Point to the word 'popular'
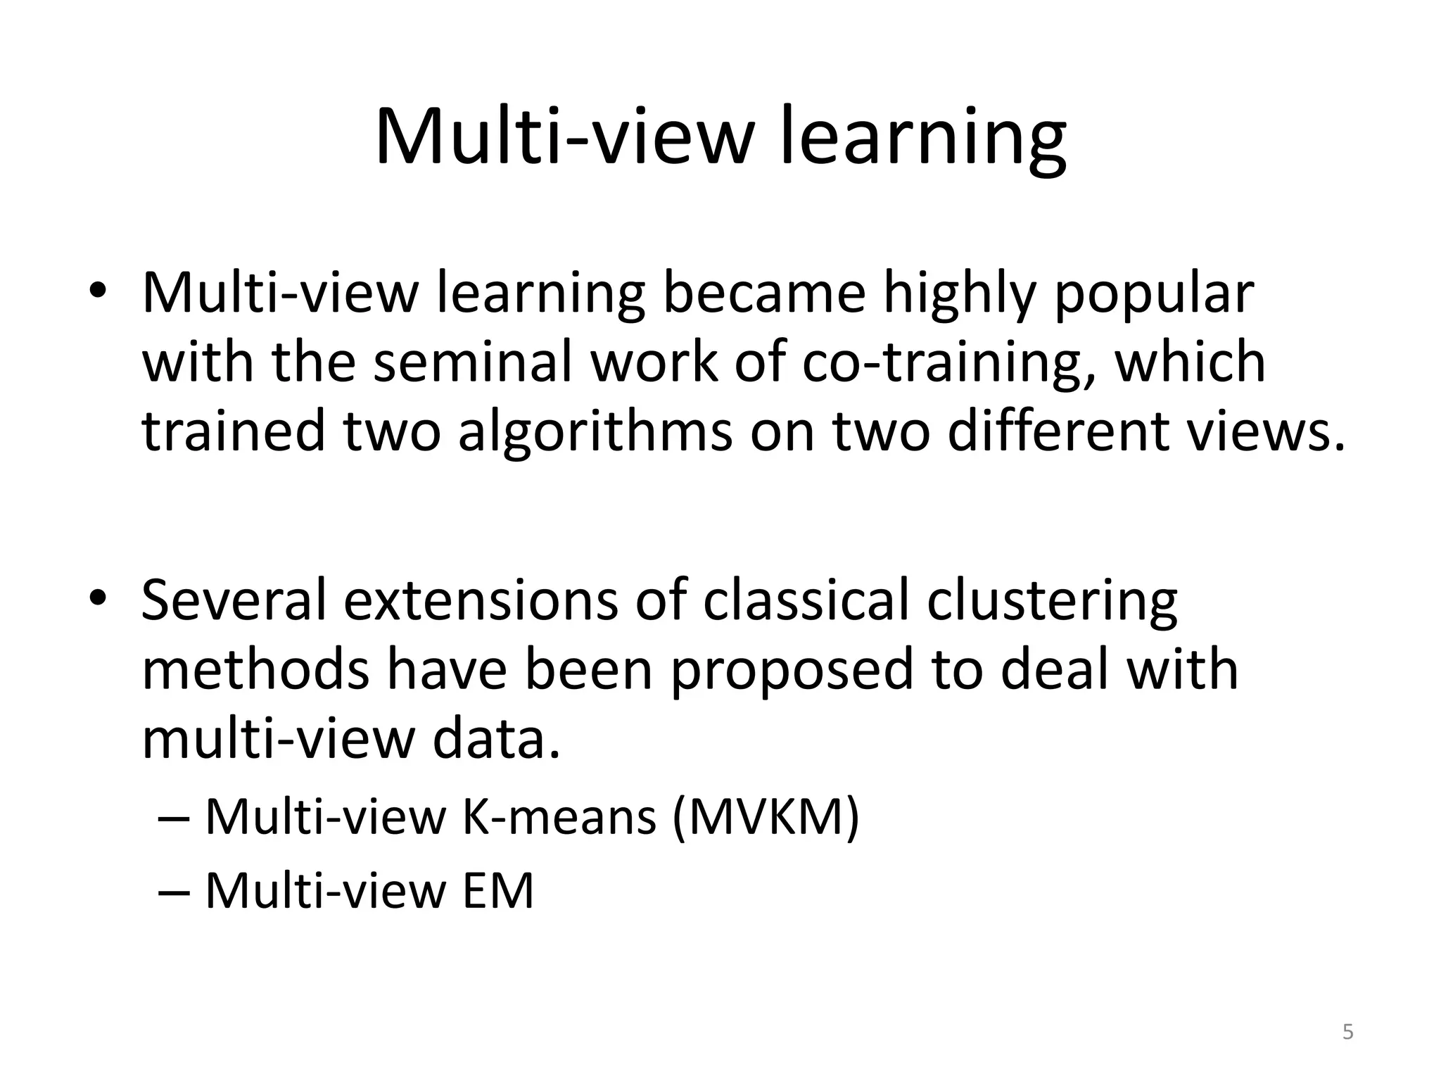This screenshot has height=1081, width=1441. coord(1154,294)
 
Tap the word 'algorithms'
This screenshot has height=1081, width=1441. coord(595,431)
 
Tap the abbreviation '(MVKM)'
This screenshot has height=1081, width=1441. coord(766,817)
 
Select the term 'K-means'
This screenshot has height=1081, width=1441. coord(559,817)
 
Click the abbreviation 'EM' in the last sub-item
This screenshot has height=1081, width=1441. coord(498,891)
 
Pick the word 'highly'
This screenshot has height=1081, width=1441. coord(960,294)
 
